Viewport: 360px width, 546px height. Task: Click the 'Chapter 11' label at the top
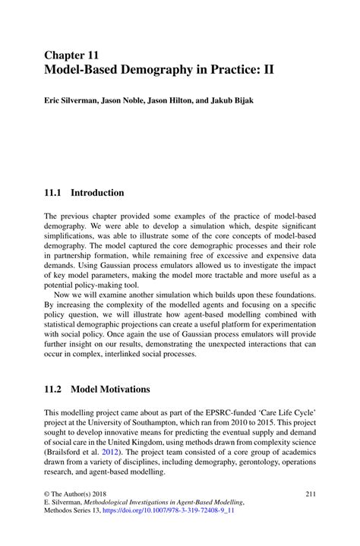click(x=71, y=55)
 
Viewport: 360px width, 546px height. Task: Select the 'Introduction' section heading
click(x=97, y=193)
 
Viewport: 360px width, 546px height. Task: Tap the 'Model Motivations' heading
click(x=111, y=390)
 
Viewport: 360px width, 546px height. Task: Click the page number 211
click(x=310, y=494)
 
